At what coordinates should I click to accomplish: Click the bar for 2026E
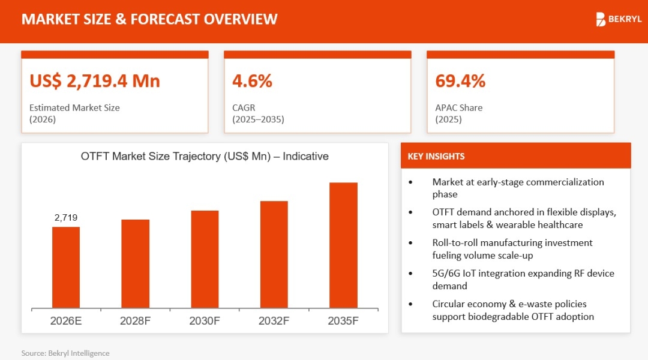tap(66, 267)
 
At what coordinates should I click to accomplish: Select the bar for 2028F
tap(135, 263)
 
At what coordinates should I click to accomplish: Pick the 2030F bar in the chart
tap(205, 259)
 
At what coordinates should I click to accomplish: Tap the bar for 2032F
tap(274, 254)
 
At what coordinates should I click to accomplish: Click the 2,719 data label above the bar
tap(66, 218)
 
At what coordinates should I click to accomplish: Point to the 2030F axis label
tap(205, 321)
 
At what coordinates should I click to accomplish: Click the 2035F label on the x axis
tap(343, 321)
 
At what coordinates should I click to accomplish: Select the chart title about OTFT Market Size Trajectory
tap(205, 157)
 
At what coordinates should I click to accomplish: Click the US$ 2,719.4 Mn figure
tap(95, 81)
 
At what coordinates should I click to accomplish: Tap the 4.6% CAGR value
tap(252, 81)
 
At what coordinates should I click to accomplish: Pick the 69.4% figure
tap(460, 81)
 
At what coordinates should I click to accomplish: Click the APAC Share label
tap(458, 108)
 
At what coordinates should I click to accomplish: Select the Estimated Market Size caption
tap(74, 108)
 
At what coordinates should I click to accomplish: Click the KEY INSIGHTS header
tap(436, 157)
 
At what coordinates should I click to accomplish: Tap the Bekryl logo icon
tap(601, 19)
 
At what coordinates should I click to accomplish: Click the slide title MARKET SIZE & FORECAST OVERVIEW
tap(149, 19)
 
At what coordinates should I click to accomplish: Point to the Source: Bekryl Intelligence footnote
tap(65, 353)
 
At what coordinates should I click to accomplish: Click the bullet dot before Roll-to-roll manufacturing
tap(410, 243)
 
